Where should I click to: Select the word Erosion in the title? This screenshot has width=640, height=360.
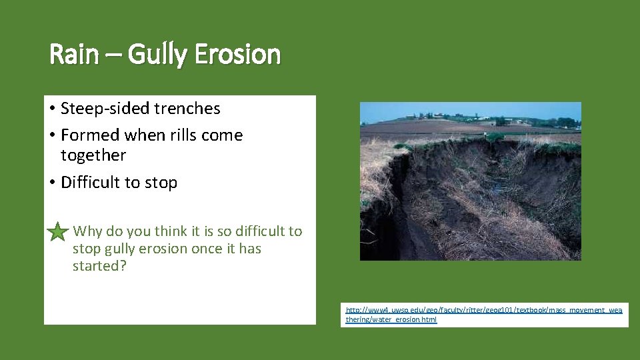(237, 55)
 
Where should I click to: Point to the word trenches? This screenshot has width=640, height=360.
(189, 108)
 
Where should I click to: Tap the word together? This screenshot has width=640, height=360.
(93, 155)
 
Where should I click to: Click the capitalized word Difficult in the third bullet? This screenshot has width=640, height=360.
(91, 183)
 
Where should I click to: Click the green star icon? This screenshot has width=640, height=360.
(58, 232)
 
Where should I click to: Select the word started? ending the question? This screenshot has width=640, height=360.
(99, 266)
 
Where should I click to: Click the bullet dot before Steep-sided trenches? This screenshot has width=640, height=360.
(52, 109)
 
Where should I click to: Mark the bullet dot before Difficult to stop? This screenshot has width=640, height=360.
(52, 183)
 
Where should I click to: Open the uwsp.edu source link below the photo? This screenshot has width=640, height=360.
(484, 315)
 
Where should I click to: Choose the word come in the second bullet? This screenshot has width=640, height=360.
(225, 135)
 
